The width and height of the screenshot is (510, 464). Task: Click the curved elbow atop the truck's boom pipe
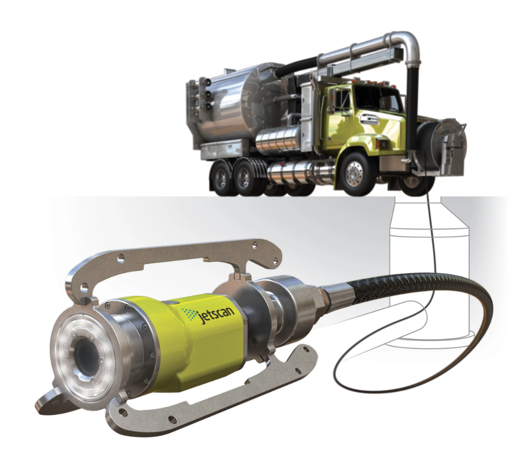[403, 45]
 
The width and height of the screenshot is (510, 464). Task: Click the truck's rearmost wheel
[220, 177]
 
